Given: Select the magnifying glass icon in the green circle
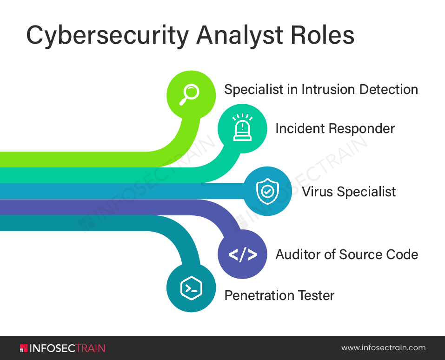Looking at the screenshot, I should (x=191, y=93).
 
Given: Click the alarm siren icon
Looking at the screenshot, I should (x=242, y=127).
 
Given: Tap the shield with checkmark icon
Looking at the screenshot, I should (x=267, y=191).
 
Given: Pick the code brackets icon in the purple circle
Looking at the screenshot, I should (x=242, y=254).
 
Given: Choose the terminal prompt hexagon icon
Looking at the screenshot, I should (x=191, y=288).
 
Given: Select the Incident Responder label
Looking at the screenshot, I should (x=335, y=128).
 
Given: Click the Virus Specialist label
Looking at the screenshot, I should (x=349, y=192).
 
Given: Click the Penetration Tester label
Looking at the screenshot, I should (x=279, y=295).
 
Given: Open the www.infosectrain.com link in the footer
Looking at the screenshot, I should (x=383, y=348).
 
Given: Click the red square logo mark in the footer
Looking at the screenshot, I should (x=24, y=348).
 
